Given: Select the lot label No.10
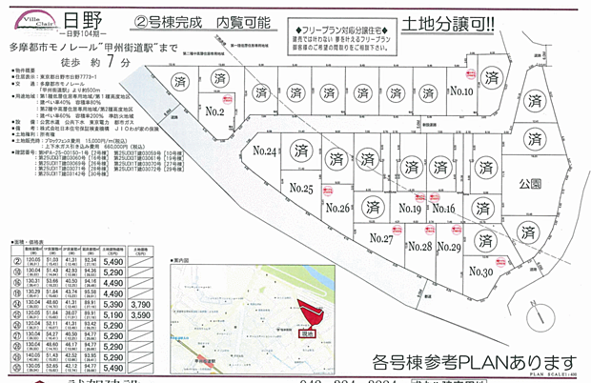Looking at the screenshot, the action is [461, 92].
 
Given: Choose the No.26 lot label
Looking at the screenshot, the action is [338, 208].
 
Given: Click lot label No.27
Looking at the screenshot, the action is [381, 238].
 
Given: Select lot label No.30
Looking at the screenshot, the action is [481, 272].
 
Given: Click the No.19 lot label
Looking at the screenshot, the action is [411, 210].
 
